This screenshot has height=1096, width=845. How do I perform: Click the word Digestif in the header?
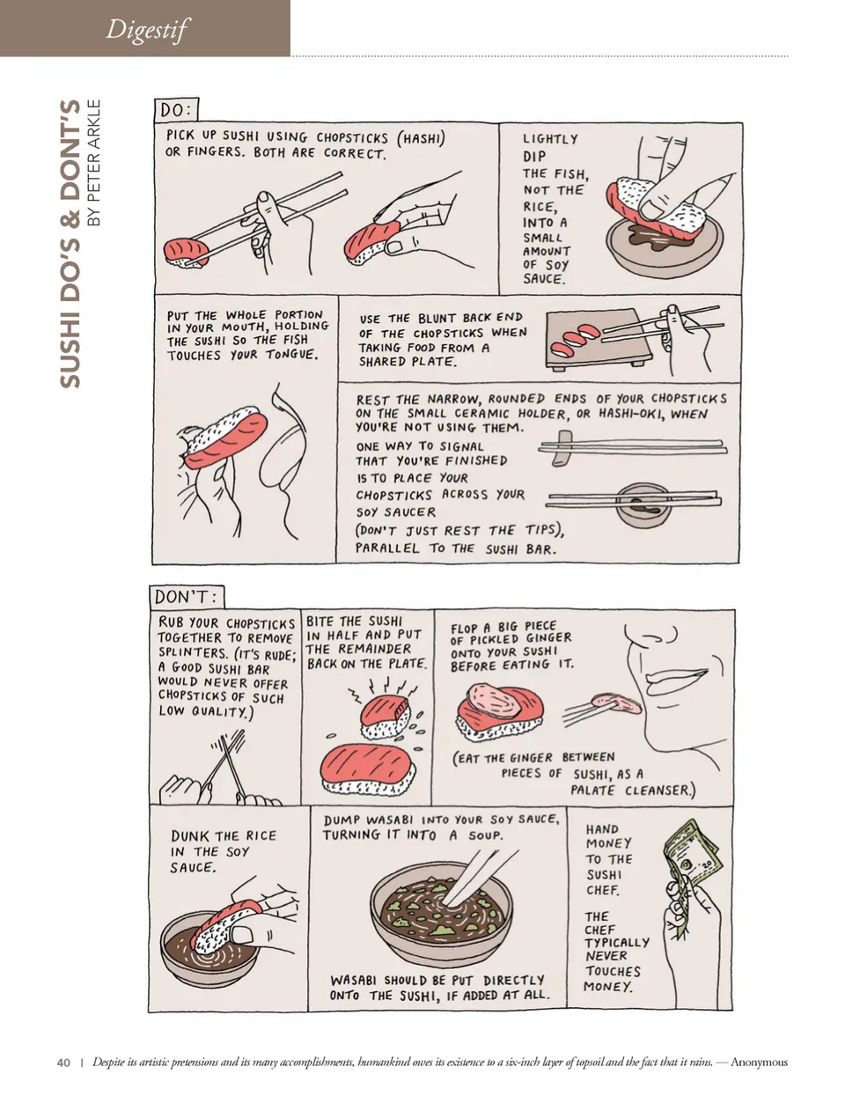coord(146,29)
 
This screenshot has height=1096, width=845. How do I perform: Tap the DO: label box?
coord(176,110)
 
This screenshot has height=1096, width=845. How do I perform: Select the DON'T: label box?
coord(187,597)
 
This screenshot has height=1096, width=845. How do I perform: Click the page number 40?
coord(63,1063)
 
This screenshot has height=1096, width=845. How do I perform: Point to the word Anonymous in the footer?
coord(759,1063)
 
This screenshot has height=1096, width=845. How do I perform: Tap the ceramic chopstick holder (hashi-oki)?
coord(562,447)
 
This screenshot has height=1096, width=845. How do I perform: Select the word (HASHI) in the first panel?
coord(421,139)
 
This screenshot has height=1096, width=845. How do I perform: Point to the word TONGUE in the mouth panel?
coord(292,354)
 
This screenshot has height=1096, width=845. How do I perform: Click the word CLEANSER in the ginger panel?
coord(660,790)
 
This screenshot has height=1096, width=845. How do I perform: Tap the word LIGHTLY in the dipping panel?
coord(550,139)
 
